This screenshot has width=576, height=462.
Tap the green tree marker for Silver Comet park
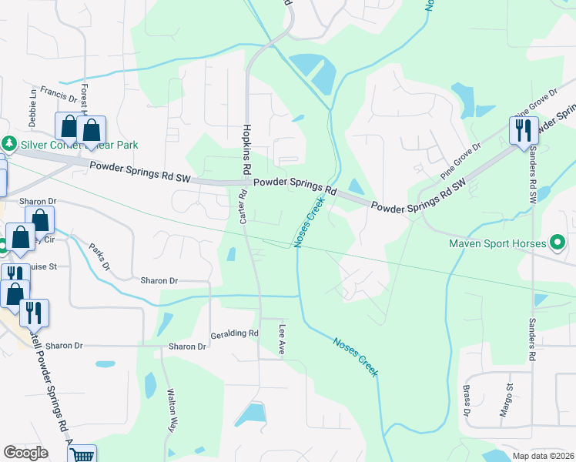click(x=8, y=144)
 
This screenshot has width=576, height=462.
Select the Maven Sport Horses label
click(x=497, y=245)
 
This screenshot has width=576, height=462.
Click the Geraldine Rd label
click(x=234, y=333)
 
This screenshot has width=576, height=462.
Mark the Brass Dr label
click(x=467, y=402)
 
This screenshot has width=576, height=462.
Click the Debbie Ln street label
click(x=33, y=109)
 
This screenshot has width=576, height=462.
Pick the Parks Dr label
click(x=99, y=256)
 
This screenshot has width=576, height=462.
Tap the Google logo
click(x=25, y=453)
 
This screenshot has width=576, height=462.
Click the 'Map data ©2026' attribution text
click(x=543, y=456)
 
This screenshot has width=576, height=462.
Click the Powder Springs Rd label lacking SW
click(x=295, y=186)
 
